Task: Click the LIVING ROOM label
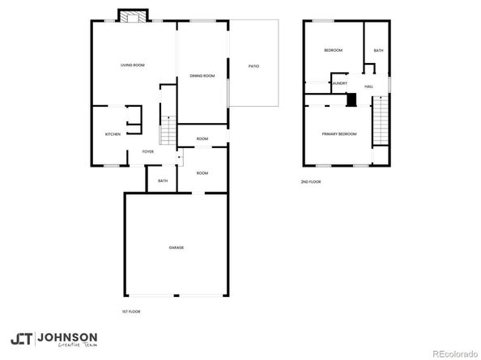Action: (x=132, y=65)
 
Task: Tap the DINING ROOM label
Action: (x=202, y=75)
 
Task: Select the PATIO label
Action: (x=253, y=66)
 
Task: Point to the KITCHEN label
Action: (x=113, y=133)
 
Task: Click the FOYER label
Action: (x=148, y=151)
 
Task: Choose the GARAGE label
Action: (x=176, y=247)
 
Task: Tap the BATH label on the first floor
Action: (x=163, y=180)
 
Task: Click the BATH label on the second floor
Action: (x=378, y=51)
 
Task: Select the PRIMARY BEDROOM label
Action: (x=338, y=133)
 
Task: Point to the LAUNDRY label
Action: (x=338, y=83)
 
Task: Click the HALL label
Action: (x=368, y=87)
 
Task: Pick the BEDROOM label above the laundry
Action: (x=333, y=50)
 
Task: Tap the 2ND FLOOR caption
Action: (x=311, y=182)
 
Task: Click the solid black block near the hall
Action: (x=351, y=100)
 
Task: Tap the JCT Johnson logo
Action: (x=53, y=338)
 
